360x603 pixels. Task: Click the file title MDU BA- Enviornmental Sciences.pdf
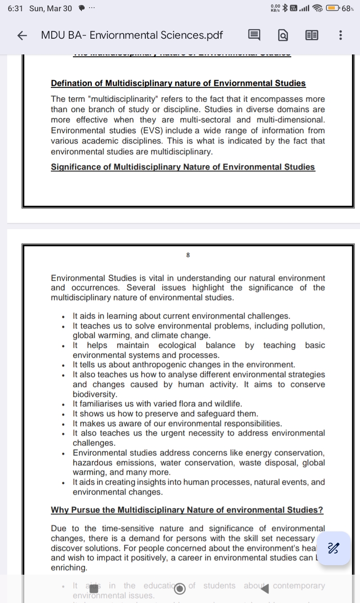click(132, 35)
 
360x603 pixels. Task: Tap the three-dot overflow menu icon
click(340, 36)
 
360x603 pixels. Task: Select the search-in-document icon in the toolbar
click(283, 36)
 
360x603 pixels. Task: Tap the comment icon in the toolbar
click(254, 35)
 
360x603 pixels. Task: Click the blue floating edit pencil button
click(333, 548)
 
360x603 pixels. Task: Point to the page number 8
click(188, 255)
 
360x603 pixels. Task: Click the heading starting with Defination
click(178, 83)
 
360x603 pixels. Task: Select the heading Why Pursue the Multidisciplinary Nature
click(187, 510)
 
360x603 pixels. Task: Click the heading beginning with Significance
click(183, 167)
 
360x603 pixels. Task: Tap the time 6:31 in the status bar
click(15, 8)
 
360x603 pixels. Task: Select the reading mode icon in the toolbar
click(311, 36)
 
